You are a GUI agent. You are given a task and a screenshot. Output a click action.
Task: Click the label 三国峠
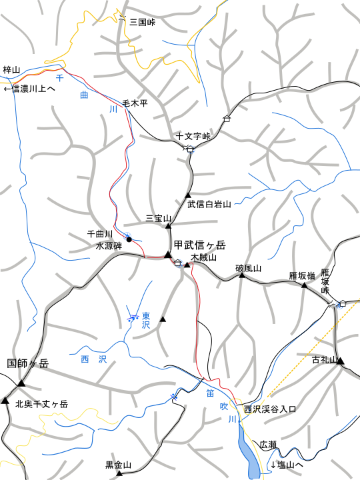click(142, 22)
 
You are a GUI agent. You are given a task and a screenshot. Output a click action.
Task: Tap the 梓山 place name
click(12, 69)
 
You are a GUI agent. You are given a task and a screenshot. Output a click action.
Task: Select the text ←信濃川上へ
click(29, 88)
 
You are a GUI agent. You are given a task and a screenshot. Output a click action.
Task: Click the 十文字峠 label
click(193, 137)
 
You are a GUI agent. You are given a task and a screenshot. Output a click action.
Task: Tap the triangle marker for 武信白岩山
click(189, 195)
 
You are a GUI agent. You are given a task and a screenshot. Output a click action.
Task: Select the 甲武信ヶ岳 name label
click(200, 245)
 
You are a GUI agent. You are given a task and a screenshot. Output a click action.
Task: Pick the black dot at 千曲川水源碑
click(128, 239)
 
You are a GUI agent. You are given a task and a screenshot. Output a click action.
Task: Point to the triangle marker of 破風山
click(242, 275)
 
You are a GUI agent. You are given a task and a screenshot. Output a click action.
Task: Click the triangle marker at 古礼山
click(341, 361)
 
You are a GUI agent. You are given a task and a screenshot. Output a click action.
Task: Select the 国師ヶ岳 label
click(28, 364)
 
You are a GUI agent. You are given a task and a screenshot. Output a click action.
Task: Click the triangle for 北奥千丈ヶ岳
click(5, 401)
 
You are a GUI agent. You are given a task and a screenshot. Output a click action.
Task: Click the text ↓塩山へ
click(287, 465)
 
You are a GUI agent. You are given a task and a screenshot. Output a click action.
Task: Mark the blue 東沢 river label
click(146, 320)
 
